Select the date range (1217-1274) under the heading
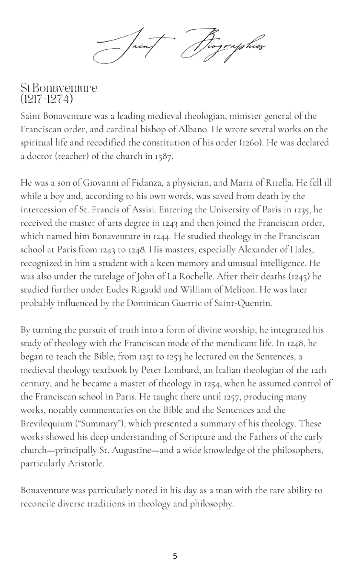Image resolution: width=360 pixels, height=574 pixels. (47, 99)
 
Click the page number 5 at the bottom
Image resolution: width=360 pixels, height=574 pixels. (175, 556)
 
